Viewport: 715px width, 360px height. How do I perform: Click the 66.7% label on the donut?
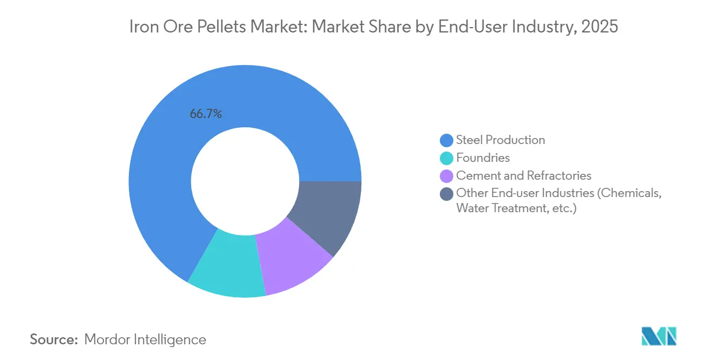pos(206,114)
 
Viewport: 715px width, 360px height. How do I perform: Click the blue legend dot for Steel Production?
pos(447,140)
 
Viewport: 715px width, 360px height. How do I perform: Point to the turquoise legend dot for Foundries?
pos(447,158)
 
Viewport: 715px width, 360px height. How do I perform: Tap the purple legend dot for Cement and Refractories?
pos(447,176)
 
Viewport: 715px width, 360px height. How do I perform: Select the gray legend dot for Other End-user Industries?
pos(447,194)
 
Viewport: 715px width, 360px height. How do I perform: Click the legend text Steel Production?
pos(500,140)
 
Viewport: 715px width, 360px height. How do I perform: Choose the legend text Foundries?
pos(483,158)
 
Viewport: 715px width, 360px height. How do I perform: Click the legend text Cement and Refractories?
pos(524,176)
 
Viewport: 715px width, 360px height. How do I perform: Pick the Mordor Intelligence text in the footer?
pos(145,339)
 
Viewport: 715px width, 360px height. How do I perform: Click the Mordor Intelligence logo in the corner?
pos(659,336)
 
